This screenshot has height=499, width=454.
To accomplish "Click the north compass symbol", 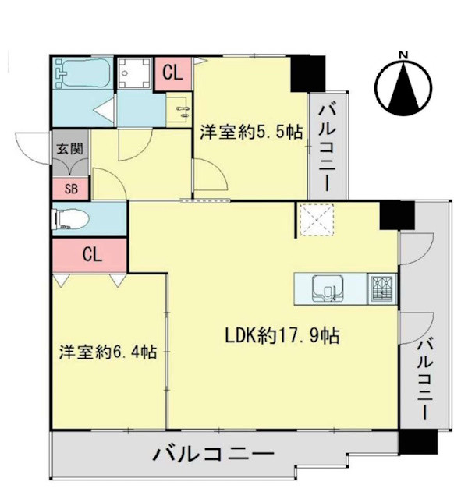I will click(x=404, y=85).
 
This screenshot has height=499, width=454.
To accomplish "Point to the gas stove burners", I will click(x=381, y=288).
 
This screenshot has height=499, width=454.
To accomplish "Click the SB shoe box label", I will click(x=71, y=187).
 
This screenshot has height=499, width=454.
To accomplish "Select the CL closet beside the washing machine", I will click(x=172, y=73).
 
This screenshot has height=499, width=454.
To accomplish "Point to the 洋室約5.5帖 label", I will click(x=250, y=132).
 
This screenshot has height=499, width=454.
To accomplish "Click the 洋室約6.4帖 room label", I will click(x=108, y=352).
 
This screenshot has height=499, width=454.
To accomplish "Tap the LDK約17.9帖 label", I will click(x=281, y=336).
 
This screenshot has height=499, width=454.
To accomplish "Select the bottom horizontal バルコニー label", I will click(x=214, y=455).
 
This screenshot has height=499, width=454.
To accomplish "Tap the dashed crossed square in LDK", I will click(x=317, y=219).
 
